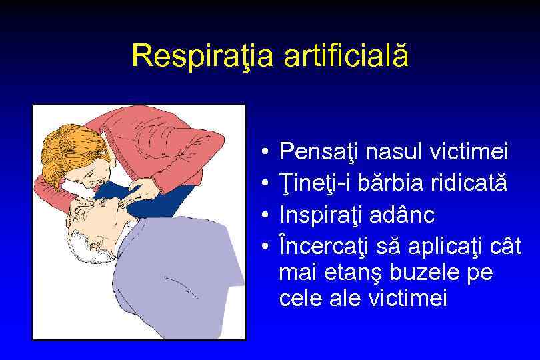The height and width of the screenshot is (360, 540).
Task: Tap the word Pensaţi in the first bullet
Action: click(x=319, y=153)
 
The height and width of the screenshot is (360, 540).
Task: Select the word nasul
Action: click(x=393, y=153)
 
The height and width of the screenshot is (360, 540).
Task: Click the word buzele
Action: click(x=425, y=274)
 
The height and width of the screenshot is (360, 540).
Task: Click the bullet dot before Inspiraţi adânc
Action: click(x=265, y=215)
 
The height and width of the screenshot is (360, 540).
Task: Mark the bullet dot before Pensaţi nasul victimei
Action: click(x=265, y=153)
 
